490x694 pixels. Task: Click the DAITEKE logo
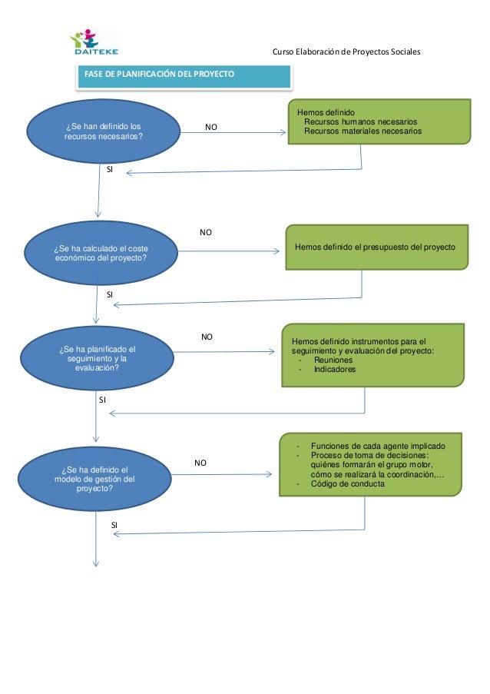click(94, 42)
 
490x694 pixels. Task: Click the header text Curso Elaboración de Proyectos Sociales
click(346, 51)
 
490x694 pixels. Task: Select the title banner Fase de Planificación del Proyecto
click(184, 77)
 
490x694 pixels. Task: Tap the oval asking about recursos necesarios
click(104, 131)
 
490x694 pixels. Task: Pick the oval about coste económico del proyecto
click(101, 253)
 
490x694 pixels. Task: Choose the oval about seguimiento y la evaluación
click(97, 358)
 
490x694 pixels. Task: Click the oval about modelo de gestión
click(94, 479)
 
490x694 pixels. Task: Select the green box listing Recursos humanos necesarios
click(379, 121)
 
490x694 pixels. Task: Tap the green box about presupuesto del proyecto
click(377, 247)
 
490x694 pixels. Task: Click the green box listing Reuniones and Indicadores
click(373, 355)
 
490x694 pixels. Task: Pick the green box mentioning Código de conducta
click(371, 465)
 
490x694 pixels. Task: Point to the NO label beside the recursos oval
click(211, 127)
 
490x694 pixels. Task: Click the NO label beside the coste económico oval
click(206, 232)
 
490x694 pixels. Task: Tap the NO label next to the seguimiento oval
click(207, 337)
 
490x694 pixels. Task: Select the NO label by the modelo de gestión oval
click(200, 463)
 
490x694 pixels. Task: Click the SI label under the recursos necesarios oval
click(110, 169)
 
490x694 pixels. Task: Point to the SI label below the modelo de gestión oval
click(114, 525)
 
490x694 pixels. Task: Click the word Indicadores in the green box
click(335, 369)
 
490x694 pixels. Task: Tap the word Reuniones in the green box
click(333, 360)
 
